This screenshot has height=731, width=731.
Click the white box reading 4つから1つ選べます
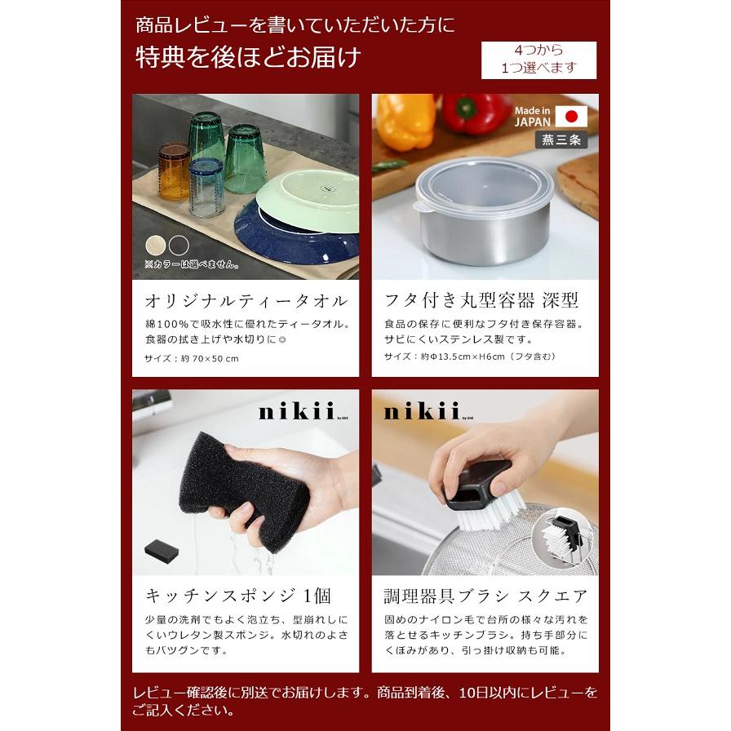point(538,60)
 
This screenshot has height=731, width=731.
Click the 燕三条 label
point(562,140)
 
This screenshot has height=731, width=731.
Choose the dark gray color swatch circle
point(178,245)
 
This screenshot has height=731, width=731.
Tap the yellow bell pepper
point(405,121)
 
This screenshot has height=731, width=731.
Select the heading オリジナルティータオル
point(246,300)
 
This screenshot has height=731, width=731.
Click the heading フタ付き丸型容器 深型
point(481,300)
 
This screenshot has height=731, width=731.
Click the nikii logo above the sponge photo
point(294,412)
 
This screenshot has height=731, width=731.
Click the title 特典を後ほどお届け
point(248,59)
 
